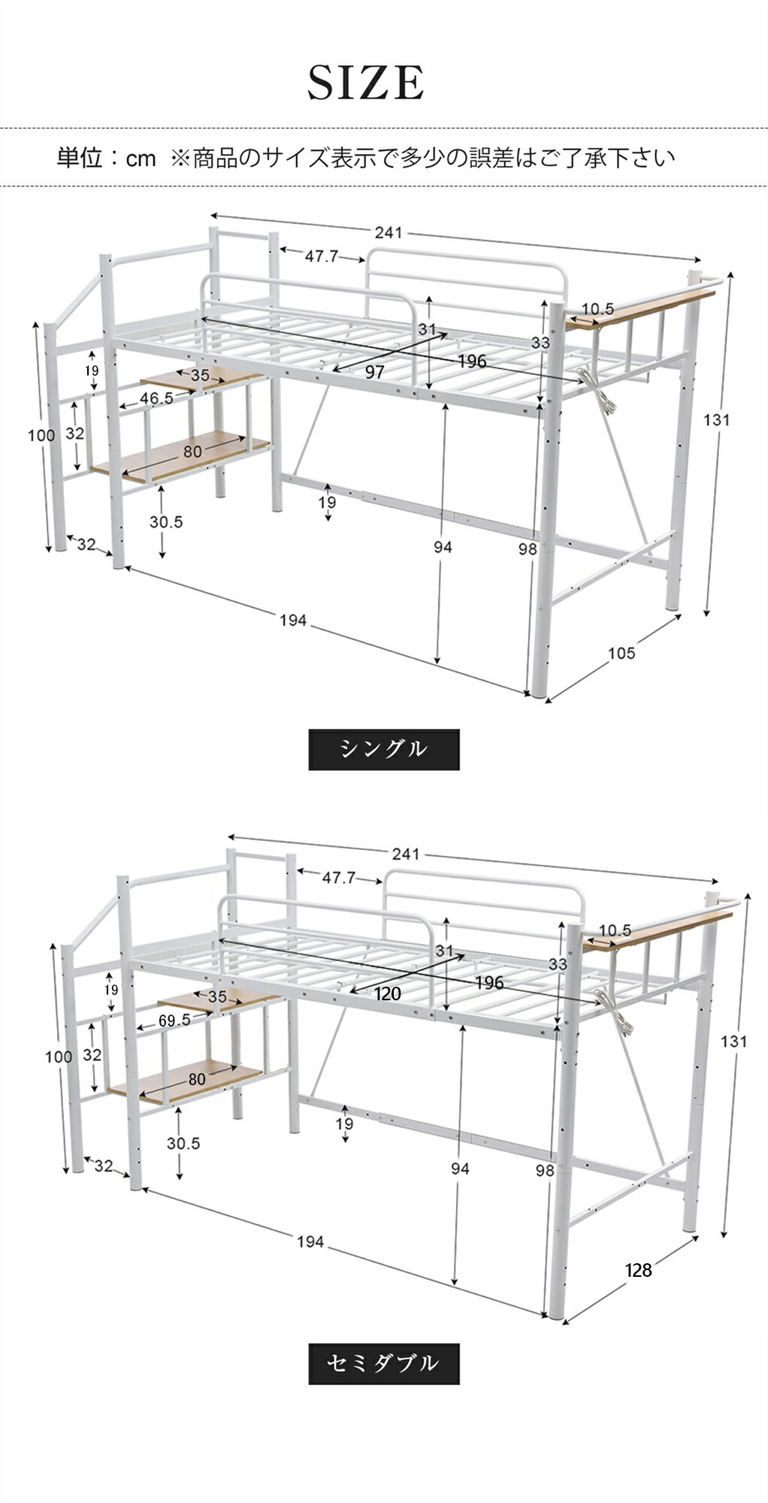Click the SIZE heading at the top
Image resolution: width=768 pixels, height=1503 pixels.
tap(366, 83)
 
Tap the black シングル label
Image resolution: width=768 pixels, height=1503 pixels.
tap(383, 749)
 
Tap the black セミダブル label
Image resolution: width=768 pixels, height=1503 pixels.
tap(383, 1363)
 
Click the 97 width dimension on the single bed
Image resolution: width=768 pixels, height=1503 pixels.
tap(374, 372)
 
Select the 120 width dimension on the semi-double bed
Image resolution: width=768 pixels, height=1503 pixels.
tap(388, 993)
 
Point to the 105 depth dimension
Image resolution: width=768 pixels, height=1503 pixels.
tap(621, 653)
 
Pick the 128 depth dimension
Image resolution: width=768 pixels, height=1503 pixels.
tap(638, 1270)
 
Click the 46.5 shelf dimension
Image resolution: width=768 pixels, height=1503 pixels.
tap(156, 398)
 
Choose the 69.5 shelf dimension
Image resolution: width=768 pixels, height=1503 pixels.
tap(174, 1020)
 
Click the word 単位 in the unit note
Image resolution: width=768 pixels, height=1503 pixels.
tap(79, 158)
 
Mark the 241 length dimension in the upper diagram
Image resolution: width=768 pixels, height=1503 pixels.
tap(389, 233)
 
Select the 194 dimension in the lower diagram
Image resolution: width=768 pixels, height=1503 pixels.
tap(310, 1241)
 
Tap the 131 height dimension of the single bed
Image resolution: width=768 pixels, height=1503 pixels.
tap(716, 420)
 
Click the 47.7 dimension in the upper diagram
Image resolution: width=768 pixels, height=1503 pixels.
tap(322, 256)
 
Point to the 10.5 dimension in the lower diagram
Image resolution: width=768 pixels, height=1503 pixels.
tap(615, 930)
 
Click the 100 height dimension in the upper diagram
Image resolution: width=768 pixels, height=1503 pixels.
tap(41, 435)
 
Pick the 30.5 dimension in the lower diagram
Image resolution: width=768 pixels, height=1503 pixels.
tap(183, 1143)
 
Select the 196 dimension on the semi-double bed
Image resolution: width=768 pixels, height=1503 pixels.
tap(489, 982)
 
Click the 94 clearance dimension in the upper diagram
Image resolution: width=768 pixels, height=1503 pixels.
tap(443, 547)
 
